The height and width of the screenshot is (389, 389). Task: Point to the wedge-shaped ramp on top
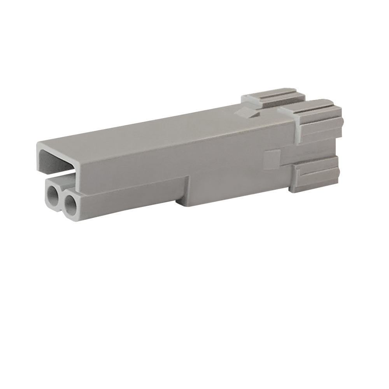pos(247,112)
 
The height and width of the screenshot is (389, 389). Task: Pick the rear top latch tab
pos(272,97)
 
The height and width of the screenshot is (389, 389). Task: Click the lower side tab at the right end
pos(315,177)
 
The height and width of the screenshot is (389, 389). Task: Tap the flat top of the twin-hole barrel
pos(66,180)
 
